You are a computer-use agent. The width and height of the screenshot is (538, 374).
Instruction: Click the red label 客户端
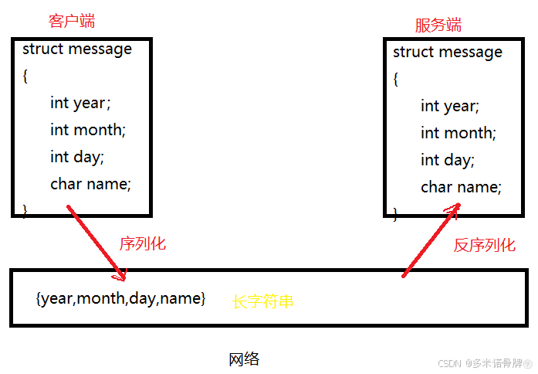pyautogui.click(x=71, y=20)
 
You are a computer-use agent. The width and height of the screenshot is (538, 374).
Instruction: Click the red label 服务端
pyautogui.click(x=438, y=25)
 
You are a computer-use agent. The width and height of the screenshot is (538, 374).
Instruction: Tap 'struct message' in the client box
pyautogui.click(x=77, y=49)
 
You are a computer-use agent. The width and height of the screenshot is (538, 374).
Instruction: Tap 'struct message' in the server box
pyautogui.click(x=448, y=53)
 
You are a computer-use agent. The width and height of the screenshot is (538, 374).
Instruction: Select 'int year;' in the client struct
pyautogui.click(x=80, y=103)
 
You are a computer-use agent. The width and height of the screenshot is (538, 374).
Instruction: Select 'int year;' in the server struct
pyautogui.click(x=450, y=106)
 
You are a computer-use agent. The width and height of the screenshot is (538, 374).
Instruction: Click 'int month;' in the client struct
pyautogui.click(x=88, y=130)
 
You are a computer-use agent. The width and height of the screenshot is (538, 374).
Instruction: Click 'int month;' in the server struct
pyautogui.click(x=458, y=133)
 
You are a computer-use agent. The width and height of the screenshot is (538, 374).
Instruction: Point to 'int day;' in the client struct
pyautogui.click(x=77, y=157)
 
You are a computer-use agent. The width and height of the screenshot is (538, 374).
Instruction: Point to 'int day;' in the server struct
pyautogui.click(x=448, y=160)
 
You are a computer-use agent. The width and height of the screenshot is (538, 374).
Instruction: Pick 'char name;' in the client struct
pyautogui.click(x=91, y=184)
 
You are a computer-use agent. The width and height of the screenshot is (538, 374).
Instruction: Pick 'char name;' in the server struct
pyautogui.click(x=462, y=187)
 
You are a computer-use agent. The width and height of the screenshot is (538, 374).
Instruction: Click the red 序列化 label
pyautogui.click(x=143, y=244)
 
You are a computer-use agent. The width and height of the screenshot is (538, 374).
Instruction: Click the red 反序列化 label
pyautogui.click(x=484, y=246)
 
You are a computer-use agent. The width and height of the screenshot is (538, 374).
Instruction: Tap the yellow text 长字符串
pyautogui.click(x=263, y=301)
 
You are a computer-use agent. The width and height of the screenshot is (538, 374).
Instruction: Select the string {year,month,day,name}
pyautogui.click(x=121, y=298)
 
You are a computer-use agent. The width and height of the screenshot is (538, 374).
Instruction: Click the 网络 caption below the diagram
pyautogui.click(x=244, y=359)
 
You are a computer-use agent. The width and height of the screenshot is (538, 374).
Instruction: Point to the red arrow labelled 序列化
pyautogui.click(x=96, y=242)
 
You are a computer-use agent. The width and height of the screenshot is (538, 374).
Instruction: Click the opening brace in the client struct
pyautogui.click(x=25, y=76)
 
